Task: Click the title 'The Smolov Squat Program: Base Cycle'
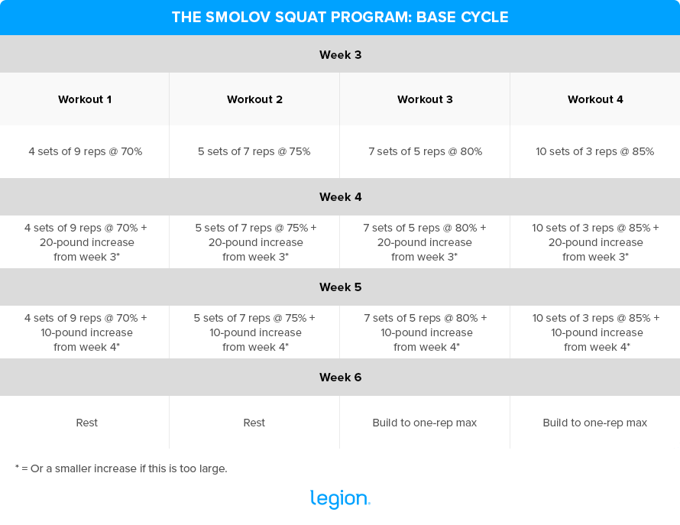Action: point(340,17)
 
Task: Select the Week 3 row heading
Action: point(340,54)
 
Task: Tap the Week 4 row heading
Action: point(340,197)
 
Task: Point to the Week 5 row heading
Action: point(340,287)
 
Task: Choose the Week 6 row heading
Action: point(340,378)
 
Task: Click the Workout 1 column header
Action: point(85,99)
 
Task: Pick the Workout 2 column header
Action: point(254,99)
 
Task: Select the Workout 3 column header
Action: point(425,99)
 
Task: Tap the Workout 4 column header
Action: point(595,99)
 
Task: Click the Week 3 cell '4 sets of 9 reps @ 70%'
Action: point(85,151)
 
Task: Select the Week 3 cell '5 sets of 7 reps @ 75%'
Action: point(254,151)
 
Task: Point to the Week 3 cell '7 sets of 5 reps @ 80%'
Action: point(425,151)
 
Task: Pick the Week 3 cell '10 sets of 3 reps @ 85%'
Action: point(595,151)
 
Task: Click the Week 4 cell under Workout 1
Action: point(86,242)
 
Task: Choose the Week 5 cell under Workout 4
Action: point(596,332)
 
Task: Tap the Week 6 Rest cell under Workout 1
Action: point(86,423)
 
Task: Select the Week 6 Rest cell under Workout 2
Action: point(254,423)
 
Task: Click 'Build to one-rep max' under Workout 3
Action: point(425,423)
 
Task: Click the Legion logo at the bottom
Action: point(340,499)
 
